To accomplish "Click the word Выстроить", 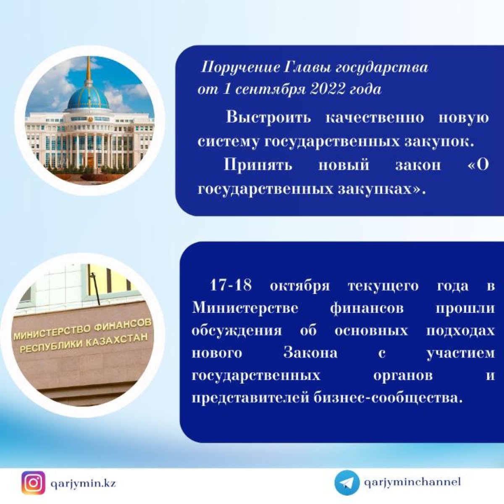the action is [x=268, y=118].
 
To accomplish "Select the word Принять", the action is [x=257, y=165].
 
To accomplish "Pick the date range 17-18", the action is [x=231, y=285].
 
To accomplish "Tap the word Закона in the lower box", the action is [x=310, y=353].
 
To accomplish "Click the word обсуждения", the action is [x=237, y=331].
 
